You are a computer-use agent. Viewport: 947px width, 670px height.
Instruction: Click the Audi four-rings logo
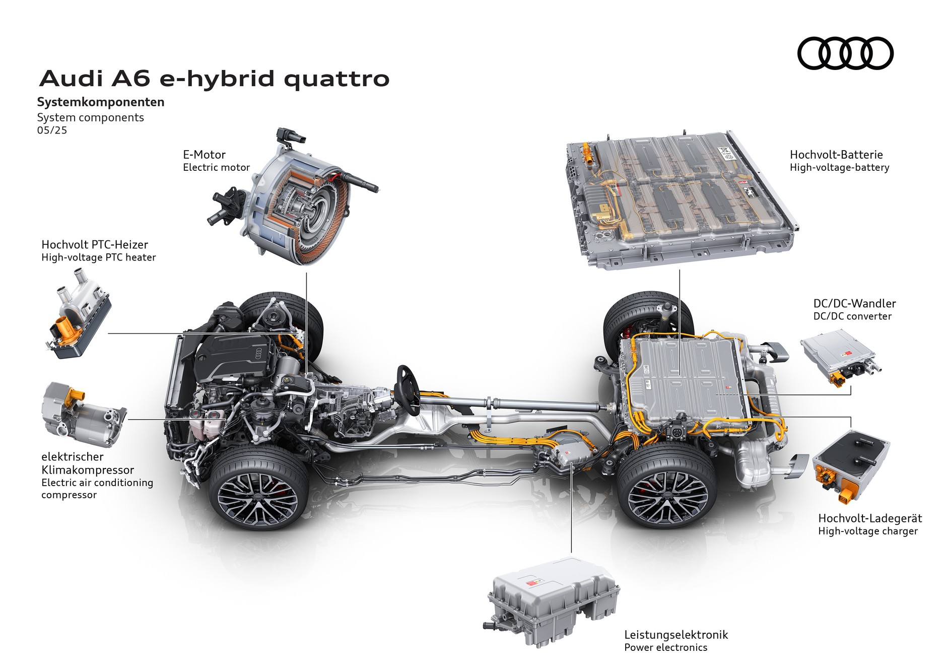[x=845, y=53]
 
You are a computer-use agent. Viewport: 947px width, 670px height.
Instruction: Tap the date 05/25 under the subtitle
[x=52, y=130]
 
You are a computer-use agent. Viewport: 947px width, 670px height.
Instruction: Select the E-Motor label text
[x=204, y=155]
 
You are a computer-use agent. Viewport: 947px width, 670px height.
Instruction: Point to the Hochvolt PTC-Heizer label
[x=95, y=245]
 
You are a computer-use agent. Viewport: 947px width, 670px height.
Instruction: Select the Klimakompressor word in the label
[x=88, y=470]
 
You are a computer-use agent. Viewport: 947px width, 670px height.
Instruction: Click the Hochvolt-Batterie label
[x=836, y=155]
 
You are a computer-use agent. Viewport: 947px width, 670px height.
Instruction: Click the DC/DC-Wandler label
[x=854, y=303]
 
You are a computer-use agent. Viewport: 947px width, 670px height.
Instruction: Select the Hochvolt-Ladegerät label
[x=870, y=518]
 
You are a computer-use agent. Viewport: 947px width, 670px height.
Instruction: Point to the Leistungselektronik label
[x=676, y=635]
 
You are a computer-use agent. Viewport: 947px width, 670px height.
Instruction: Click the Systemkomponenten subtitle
[x=101, y=102]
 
